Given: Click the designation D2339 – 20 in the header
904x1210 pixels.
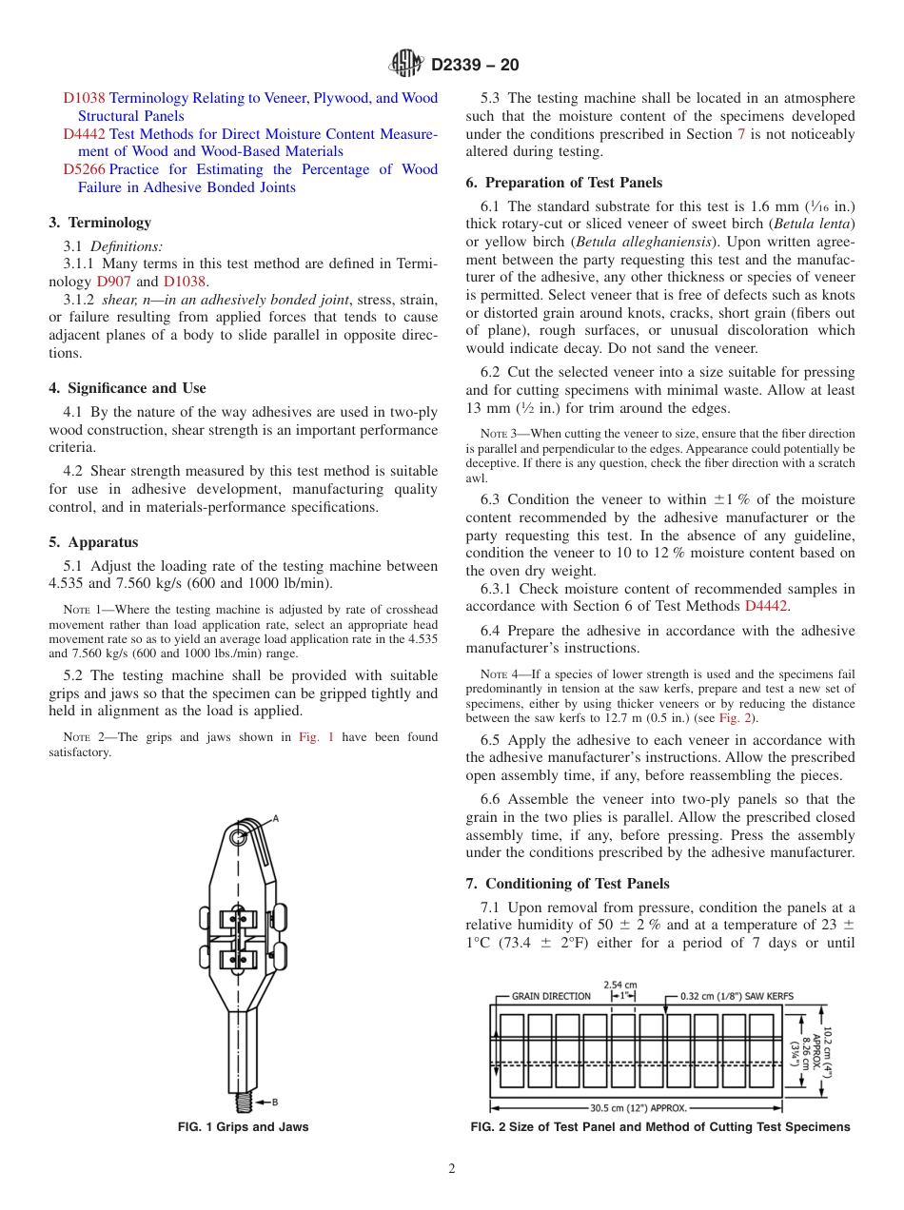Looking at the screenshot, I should pyautogui.click(x=475, y=66).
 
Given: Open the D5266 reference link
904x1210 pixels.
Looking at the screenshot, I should pyautogui.click(x=84, y=169).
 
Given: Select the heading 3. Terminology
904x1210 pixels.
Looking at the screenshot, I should pyautogui.click(x=100, y=223).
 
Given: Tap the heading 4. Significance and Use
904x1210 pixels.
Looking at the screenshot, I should pyautogui.click(x=128, y=388).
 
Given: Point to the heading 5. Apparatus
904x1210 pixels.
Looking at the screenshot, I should pyautogui.click(x=93, y=542).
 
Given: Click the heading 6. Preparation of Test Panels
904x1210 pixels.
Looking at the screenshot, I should pyautogui.click(x=564, y=183).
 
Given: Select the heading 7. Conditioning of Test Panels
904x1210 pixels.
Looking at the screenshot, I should pyautogui.click(x=567, y=884).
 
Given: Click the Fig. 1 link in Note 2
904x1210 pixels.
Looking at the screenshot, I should pyautogui.click(x=310, y=737).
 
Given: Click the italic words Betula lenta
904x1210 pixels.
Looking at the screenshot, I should pyautogui.click(x=816, y=224).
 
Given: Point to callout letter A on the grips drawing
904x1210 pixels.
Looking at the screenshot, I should pyautogui.click(x=275, y=818).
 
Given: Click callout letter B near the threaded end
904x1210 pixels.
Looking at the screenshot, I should pyautogui.click(x=275, y=1103).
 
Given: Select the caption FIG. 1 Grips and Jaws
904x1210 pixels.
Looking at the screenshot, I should pyautogui.click(x=244, y=1127).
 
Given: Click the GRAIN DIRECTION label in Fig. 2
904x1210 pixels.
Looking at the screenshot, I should pyautogui.click(x=551, y=996).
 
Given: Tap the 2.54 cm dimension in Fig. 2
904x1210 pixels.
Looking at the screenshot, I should pyautogui.click(x=620, y=986).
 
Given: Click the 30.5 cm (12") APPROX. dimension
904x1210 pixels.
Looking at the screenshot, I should pyautogui.click(x=638, y=1107).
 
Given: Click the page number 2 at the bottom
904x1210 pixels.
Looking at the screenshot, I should pyautogui.click(x=452, y=1169).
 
